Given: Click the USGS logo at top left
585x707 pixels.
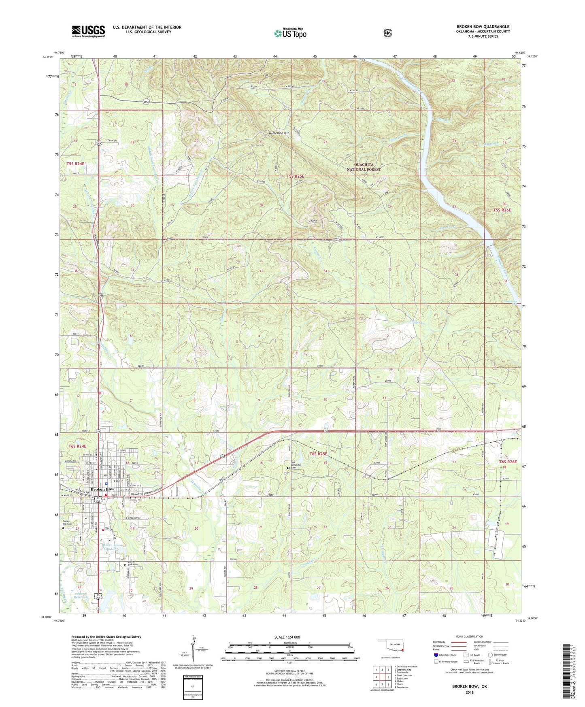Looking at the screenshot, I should [88, 31].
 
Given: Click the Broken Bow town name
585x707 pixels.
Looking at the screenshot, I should [102, 489].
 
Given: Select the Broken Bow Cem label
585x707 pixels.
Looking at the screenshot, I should [133, 563].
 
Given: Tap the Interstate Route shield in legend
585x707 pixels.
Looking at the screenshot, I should [436, 655].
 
